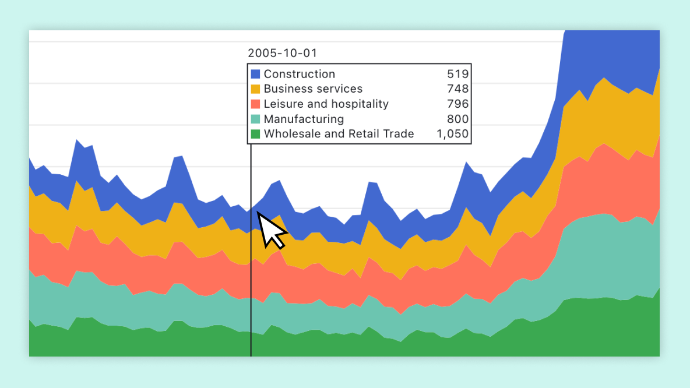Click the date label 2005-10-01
282,53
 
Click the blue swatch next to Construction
255,74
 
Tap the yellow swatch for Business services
255,89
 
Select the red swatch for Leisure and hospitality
255,104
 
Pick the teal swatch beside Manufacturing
255,119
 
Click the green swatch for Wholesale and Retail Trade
255,134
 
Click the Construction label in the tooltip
299,74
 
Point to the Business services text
313,89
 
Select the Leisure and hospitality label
326,104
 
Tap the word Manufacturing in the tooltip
304,119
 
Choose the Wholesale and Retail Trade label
339,134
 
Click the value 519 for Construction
457,74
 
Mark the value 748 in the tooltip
457,89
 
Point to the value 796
457,104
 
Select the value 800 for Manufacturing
457,119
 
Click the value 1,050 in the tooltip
452,134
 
